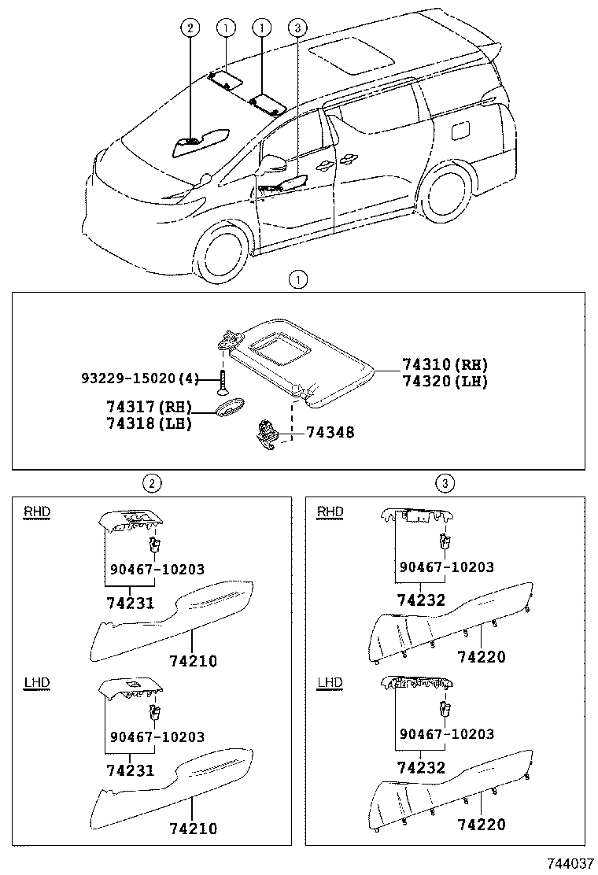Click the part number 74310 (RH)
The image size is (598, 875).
coord(445,365)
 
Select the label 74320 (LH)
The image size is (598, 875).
coord(445,382)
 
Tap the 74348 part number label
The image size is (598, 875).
coord(330,432)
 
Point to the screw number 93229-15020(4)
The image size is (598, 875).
coord(140,378)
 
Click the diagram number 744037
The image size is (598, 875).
coord(566,863)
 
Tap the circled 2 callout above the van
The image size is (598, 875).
coord(189,29)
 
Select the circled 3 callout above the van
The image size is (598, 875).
coord(297,29)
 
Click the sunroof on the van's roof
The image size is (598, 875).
coord(351,54)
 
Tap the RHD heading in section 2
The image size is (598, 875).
coord(36,511)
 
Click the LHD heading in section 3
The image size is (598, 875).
coord(330,682)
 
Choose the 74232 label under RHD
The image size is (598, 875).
coord(421,600)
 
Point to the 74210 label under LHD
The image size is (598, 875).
coord(193,828)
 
